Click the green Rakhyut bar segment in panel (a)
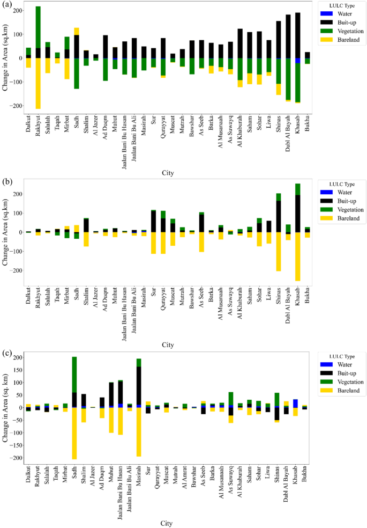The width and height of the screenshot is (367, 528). click(x=38, y=27)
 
